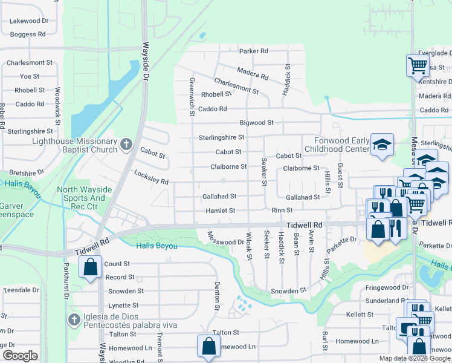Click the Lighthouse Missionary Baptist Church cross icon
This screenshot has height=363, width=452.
pyautogui.click(x=126, y=144)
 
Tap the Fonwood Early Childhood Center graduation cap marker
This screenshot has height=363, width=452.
pyautogui.click(x=382, y=145)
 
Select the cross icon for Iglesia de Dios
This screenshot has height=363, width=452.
pyautogui.click(x=74, y=320)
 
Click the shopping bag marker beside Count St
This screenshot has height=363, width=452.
pyautogui.click(x=90, y=266)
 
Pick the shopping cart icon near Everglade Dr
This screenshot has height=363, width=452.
pyautogui.click(x=418, y=65)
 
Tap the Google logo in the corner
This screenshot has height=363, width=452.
pyautogui.click(x=20, y=356)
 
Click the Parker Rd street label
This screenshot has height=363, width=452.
pyautogui.click(x=253, y=51)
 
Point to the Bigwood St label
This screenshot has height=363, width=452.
pyautogui.click(x=257, y=122)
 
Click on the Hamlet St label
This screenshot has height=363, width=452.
pyautogui.click(x=219, y=211)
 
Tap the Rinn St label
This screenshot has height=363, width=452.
pyautogui.click(x=282, y=211)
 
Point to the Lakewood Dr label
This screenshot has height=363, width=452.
pyautogui.click(x=29, y=21)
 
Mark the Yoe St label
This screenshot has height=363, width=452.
pyautogui.click(x=30, y=76)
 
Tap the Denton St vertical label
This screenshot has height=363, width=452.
pyautogui.click(x=216, y=296)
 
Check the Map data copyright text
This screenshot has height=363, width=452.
pyautogui.click(x=415, y=358)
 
